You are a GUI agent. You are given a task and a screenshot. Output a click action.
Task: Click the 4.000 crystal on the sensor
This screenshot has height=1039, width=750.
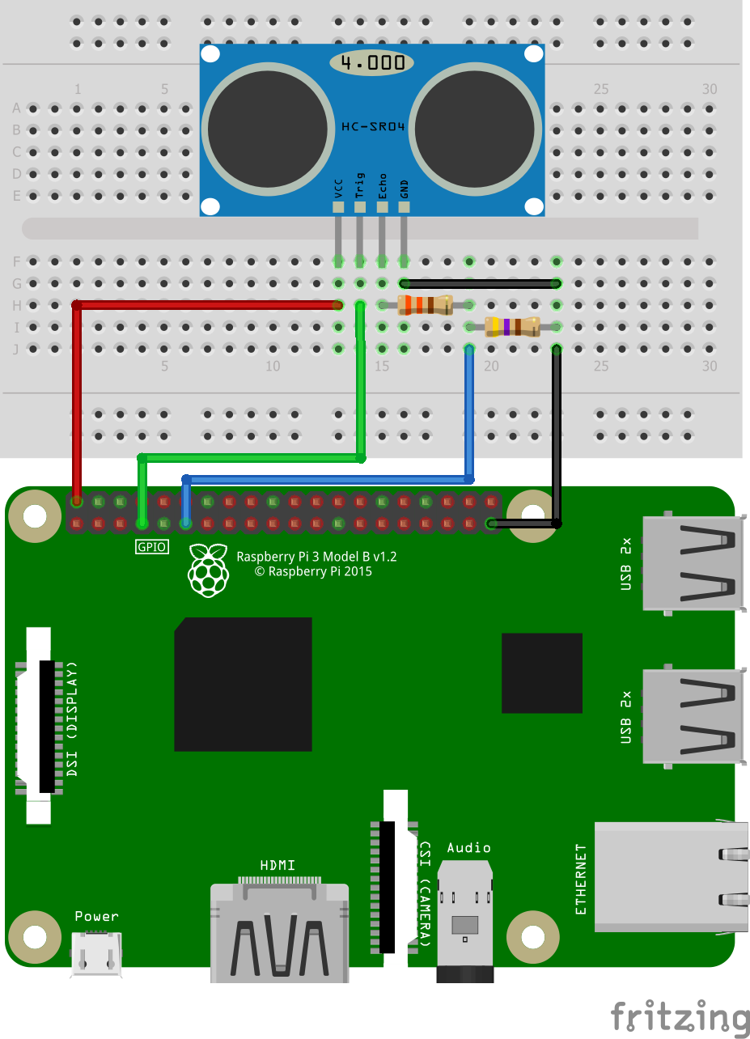[372, 62]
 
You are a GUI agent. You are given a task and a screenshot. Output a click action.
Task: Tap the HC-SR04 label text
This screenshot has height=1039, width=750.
[373, 127]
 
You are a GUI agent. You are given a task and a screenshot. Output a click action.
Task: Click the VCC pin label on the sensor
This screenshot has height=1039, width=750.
[338, 188]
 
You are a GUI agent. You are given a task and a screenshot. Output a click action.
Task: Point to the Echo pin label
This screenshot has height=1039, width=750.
[382, 186]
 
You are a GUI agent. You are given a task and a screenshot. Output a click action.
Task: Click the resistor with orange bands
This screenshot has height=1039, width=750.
[424, 305]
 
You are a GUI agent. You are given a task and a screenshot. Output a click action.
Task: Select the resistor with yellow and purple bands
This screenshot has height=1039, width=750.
[511, 327]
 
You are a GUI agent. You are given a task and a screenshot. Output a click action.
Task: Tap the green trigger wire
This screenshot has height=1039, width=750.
[251, 458]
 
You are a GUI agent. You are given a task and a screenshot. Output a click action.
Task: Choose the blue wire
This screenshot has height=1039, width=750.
[324, 479]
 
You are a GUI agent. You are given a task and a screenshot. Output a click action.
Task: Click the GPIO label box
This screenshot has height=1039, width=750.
[152, 547]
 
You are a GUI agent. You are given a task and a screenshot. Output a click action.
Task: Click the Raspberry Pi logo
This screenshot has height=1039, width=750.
[208, 570]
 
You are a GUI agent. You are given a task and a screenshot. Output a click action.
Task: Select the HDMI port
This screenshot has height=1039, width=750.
[279, 931]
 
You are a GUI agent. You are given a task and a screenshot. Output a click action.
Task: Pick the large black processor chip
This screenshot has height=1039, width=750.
[243, 684]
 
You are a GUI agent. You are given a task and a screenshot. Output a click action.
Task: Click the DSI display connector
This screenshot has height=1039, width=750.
[40, 724]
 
